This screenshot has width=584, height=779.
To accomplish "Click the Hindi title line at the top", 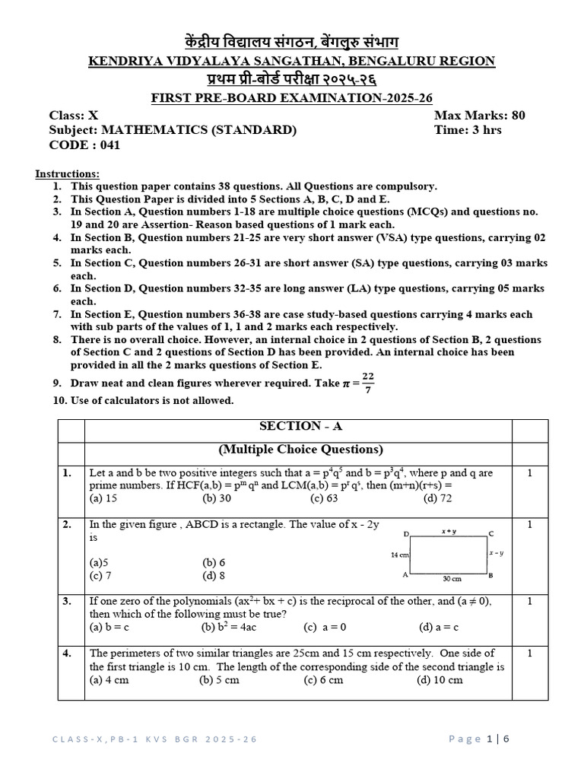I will point(292,42).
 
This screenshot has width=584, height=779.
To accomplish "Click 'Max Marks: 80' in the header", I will point(479,116).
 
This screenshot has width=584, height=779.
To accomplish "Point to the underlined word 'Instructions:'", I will point(67,174).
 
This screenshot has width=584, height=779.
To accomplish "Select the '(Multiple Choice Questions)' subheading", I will point(300,450).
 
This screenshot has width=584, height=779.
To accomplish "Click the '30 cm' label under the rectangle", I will point(452,579).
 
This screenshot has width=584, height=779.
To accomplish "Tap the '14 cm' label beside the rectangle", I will point(399,555).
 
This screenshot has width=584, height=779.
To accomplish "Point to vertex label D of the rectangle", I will point(406,534).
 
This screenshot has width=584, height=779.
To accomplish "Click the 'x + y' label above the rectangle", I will point(449,531).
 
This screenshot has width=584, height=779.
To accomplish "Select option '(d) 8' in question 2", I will point(214,576).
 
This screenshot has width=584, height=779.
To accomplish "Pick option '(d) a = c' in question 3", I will point(438,628).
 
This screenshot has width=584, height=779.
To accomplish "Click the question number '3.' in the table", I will point(68,601).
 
